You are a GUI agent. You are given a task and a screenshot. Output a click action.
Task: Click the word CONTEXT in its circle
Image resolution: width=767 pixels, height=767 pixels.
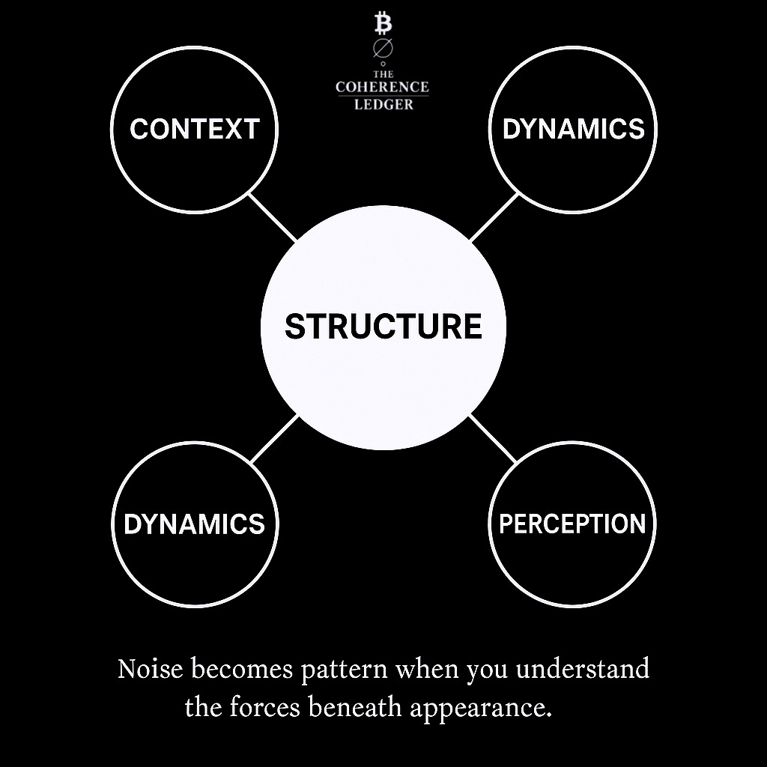[x=194, y=129]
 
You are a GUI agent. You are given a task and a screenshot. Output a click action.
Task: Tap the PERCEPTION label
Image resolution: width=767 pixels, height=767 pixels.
[x=572, y=524]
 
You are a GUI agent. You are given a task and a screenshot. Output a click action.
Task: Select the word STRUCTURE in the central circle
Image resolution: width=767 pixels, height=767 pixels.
[x=383, y=327]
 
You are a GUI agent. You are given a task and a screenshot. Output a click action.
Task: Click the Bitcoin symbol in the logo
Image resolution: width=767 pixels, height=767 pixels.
[x=383, y=25]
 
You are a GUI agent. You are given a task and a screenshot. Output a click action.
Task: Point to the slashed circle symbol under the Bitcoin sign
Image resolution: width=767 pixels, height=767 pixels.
[x=383, y=48]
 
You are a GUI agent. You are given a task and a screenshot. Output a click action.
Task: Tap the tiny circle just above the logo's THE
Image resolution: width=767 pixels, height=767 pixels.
[x=383, y=64]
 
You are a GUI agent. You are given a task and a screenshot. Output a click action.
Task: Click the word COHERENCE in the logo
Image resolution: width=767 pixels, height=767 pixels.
[x=383, y=88]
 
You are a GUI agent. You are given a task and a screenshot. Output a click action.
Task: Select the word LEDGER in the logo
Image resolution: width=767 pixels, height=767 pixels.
[x=383, y=105]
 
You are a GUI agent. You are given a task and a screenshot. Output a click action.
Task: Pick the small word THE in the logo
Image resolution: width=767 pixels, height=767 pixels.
[x=383, y=75]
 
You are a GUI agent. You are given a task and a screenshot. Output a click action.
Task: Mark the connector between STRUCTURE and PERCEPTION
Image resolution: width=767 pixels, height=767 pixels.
[x=493, y=438]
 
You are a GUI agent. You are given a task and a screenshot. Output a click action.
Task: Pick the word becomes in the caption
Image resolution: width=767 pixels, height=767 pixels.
[x=241, y=669]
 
